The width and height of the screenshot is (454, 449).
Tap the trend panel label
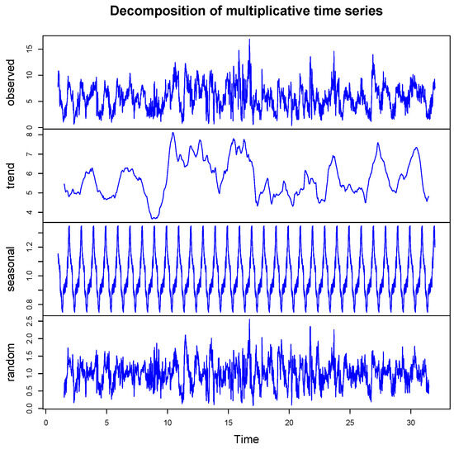(x=11, y=175)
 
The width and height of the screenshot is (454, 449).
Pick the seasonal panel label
(x=11, y=269)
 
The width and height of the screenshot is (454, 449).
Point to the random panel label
(x=11, y=362)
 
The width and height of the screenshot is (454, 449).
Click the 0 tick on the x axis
(x=46, y=423)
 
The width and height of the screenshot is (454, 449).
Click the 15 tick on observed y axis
(x=29, y=49)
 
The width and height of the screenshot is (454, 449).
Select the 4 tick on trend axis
(x=29, y=213)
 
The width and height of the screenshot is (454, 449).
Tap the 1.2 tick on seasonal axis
(x=29, y=243)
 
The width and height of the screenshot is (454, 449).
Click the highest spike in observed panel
(x=249, y=39)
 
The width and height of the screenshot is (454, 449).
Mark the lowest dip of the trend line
(x=154, y=218)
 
